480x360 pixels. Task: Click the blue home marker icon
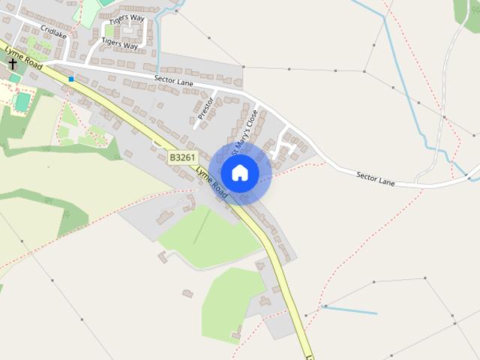click(239, 172)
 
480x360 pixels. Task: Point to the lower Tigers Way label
click(120, 45)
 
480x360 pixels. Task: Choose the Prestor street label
click(205, 107)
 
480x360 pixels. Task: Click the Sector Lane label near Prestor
click(174, 78)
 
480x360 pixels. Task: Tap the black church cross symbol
click(13, 64)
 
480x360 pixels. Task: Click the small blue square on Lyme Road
click(71, 79)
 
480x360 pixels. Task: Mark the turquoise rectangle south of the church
click(22, 101)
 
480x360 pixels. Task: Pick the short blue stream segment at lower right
click(349, 310)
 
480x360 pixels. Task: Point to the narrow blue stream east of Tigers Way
click(159, 37)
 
